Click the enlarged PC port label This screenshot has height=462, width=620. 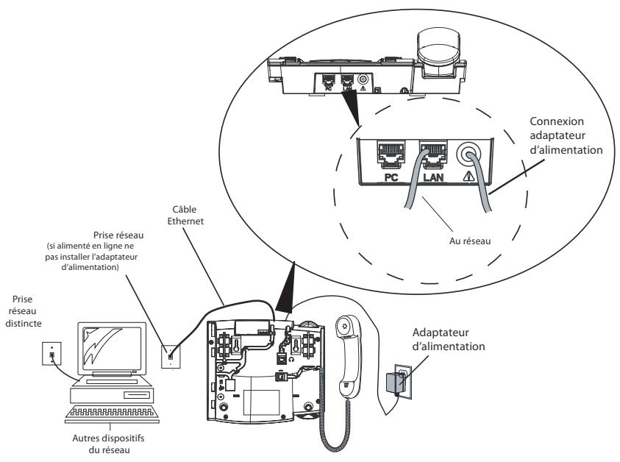[x=391, y=177]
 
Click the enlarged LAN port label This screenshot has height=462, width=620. [x=433, y=177]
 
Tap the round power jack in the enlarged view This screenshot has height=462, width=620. [x=468, y=154]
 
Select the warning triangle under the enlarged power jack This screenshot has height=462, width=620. [x=468, y=177]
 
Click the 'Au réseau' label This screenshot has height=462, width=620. [x=470, y=241]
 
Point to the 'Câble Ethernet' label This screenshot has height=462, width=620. [x=185, y=215]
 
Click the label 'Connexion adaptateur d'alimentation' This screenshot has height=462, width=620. [x=566, y=135]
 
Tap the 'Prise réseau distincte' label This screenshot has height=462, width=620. [x=24, y=311]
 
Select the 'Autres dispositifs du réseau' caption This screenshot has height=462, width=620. [x=108, y=444]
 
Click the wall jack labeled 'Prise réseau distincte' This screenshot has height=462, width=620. [x=51, y=354]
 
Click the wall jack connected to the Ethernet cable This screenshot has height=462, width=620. [x=171, y=357]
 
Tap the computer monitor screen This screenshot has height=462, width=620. [x=112, y=346]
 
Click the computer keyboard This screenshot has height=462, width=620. [x=112, y=413]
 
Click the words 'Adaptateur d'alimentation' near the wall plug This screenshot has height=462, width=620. [x=449, y=339]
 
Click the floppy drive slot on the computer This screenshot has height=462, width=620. [x=137, y=395]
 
